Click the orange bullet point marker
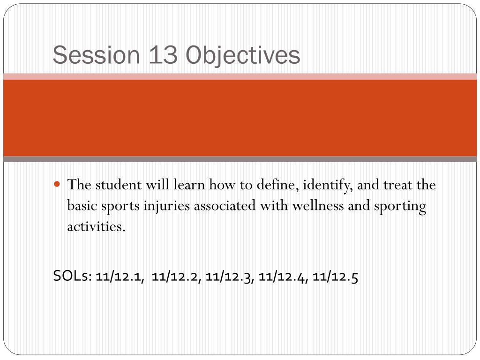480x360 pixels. (x=57, y=184)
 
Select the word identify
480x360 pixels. (x=328, y=185)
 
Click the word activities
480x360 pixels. (x=96, y=227)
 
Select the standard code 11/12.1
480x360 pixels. (x=120, y=277)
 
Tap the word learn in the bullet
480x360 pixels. (x=189, y=185)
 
